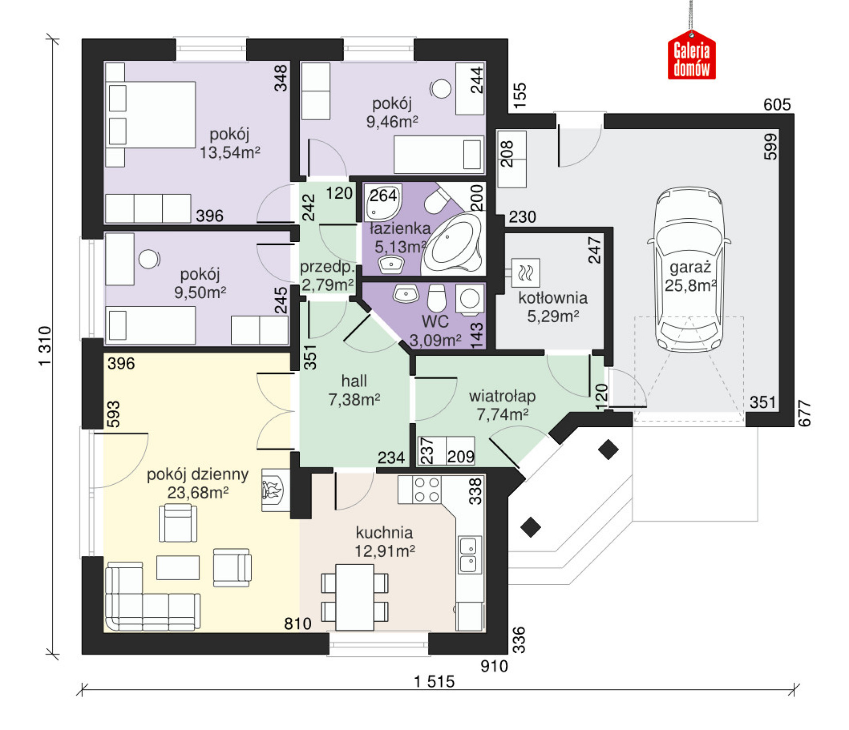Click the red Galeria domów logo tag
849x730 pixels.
pos(692,55)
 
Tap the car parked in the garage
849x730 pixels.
pos(689,270)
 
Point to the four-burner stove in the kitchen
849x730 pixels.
pos(427,490)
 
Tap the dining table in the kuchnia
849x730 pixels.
pos(355,597)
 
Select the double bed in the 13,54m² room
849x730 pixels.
pos(150,114)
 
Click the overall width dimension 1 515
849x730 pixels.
pos(434,682)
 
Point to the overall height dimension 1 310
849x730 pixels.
pos(45,346)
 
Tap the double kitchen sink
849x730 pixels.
pos(469,555)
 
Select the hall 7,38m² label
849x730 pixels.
pos(354,390)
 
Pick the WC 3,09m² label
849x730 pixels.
pos(435,331)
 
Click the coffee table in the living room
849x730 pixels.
pos(178,567)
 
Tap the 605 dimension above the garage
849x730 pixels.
pos(777,105)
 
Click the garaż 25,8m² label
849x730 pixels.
pos(690,277)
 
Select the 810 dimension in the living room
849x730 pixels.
pos(298,624)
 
